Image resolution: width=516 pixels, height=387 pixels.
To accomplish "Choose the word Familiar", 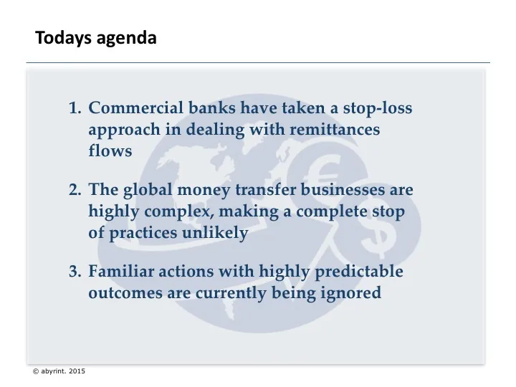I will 119,272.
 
